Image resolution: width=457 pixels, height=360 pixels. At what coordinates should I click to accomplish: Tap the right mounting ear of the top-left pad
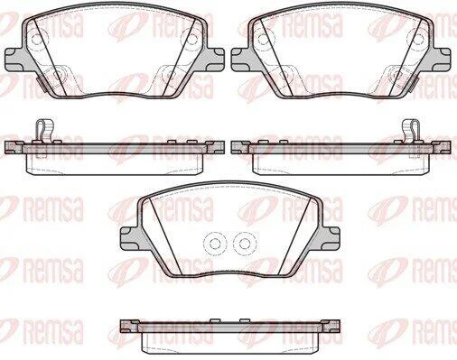pos(215,58)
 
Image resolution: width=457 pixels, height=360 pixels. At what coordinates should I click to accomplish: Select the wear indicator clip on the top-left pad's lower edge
pos(41,84)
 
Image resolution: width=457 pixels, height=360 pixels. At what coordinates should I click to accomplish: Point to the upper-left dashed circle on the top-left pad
pos(36,39)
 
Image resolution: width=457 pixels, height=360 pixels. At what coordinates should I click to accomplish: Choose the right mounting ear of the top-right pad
pos(442,58)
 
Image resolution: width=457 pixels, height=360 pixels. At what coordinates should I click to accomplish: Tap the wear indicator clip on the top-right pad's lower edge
pos(415,84)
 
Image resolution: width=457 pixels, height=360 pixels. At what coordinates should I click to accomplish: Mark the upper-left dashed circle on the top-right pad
pos(263,39)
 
